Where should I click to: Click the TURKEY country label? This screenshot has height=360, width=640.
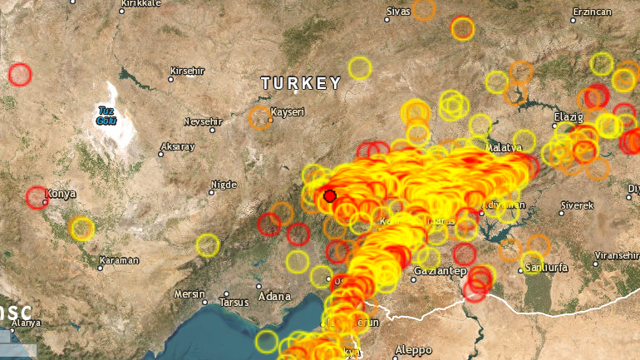tap(301, 83)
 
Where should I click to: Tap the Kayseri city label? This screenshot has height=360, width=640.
tap(289, 112)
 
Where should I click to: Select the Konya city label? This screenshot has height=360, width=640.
tap(61, 194)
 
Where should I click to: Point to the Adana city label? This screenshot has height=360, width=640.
tap(274, 296)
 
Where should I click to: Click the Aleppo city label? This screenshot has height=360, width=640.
tap(414, 349)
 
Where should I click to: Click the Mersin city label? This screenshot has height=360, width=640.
tap(189, 294)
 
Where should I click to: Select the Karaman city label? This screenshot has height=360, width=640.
tap(119, 261)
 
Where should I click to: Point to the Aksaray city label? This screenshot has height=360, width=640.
tap(178, 147)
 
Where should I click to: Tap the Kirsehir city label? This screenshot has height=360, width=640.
tap(186, 70)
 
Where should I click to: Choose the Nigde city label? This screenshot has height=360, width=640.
tap(225, 185)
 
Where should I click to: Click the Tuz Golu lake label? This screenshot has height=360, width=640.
tap(106, 116)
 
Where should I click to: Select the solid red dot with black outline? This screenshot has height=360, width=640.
tap(330, 196)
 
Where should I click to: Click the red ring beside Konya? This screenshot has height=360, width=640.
tap(37, 198)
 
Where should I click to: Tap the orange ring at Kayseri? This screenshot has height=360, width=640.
tap(260, 117)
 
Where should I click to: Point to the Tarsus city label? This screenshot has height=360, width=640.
tap(234, 303)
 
